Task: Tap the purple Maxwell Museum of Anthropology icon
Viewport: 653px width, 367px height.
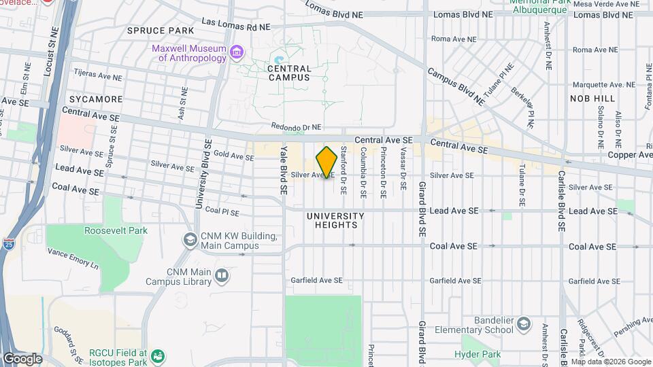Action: click(237, 52)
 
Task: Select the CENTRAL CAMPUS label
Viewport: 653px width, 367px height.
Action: click(289, 73)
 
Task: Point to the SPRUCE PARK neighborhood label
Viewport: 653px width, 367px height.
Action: click(161, 31)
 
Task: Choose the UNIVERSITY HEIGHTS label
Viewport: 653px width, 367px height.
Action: click(335, 220)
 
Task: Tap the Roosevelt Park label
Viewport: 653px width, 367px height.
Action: click(116, 230)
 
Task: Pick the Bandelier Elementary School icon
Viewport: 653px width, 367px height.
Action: click(523, 324)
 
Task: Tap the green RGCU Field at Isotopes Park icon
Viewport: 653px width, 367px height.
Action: click(158, 355)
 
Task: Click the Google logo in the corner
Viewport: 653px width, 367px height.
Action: click(22, 359)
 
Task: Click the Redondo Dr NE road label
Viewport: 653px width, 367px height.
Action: click(296, 126)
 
